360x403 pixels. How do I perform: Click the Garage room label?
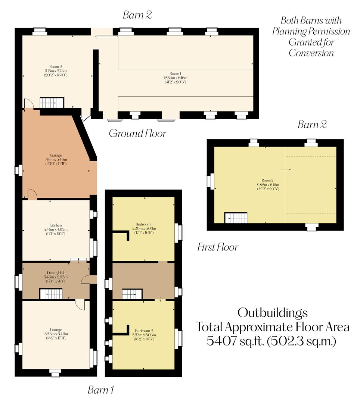(x=56, y=155)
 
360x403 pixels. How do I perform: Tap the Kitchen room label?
(x=56, y=225)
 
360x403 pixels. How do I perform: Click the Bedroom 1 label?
(x=144, y=218)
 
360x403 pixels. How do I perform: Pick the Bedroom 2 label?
(x=144, y=331)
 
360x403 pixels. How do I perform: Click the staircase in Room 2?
(x=52, y=102)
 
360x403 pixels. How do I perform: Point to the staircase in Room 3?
(x=236, y=218)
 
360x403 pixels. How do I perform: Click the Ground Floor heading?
(x=137, y=134)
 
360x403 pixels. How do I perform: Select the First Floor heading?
(x=218, y=247)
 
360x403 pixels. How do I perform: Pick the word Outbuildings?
(x=273, y=312)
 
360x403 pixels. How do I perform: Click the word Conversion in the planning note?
(x=311, y=53)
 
